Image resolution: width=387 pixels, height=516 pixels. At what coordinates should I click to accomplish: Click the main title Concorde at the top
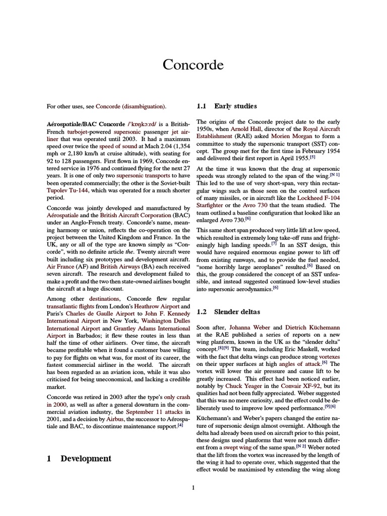193,65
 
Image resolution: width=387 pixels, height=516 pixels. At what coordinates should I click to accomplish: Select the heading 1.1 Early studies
226,106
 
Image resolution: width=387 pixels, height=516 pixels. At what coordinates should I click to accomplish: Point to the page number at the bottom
193,487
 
